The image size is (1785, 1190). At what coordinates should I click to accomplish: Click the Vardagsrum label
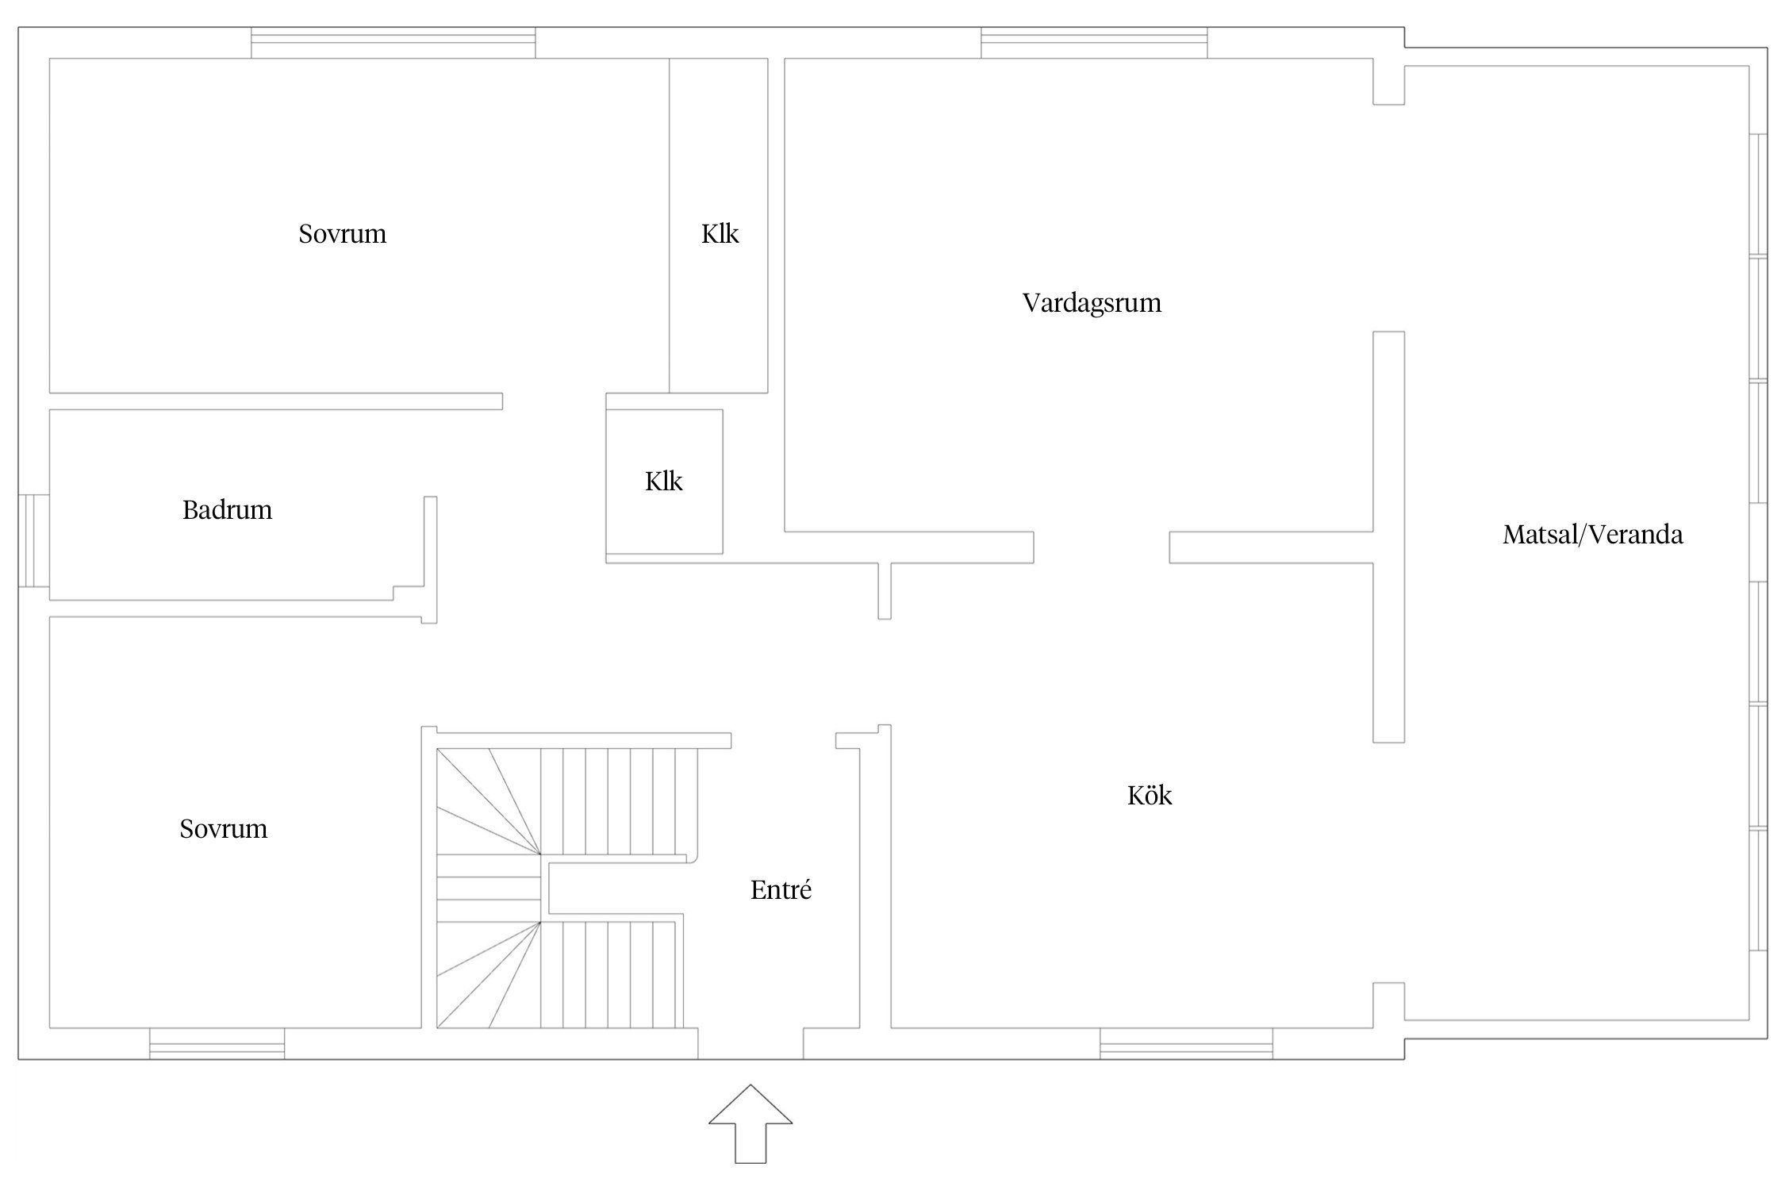(1092, 303)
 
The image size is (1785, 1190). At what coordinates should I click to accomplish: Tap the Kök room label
(1150, 796)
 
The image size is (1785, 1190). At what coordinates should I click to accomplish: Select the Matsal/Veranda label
(1592, 535)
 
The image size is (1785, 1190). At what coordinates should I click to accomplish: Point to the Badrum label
(227, 509)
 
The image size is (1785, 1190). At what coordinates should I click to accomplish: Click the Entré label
(781, 890)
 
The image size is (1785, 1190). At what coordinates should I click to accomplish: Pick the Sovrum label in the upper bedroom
(342, 234)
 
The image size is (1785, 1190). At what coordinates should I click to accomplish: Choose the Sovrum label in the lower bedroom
(223, 829)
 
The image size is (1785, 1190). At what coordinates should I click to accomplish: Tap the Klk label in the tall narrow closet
(720, 234)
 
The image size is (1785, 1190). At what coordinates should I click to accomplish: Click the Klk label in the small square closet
(663, 482)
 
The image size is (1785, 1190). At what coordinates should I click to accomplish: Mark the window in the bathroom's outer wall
(33, 541)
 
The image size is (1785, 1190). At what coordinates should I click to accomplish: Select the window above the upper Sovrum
(393, 43)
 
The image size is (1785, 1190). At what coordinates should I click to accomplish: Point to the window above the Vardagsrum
(1094, 43)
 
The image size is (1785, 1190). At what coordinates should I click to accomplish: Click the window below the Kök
(1186, 1043)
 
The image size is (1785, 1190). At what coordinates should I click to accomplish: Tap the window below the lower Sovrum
(217, 1043)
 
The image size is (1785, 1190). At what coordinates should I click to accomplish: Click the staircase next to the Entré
(559, 889)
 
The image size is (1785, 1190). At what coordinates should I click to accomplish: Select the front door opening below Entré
(750, 1043)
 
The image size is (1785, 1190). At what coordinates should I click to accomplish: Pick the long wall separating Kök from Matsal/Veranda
(1388, 537)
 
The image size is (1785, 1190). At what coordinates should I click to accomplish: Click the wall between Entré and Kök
(875, 881)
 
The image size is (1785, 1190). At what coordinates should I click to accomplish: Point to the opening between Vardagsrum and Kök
(1101, 547)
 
